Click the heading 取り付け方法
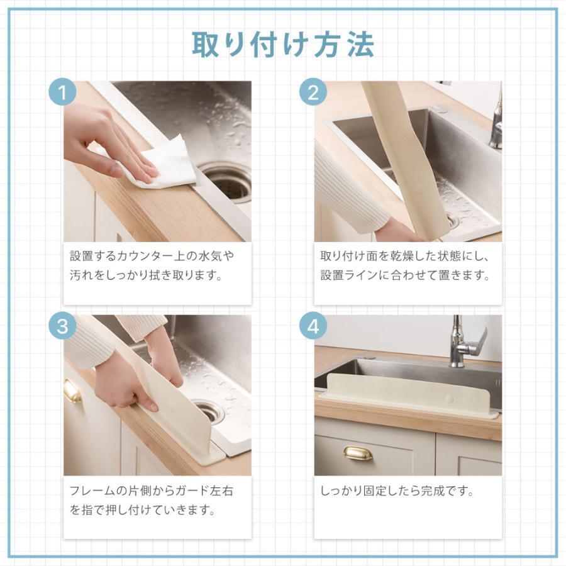282,45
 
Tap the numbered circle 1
62,92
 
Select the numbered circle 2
313,92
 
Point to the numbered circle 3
62,326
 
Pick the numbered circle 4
313,326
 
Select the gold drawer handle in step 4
357,453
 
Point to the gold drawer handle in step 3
72,391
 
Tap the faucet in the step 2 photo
496,119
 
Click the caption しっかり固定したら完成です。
397,491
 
